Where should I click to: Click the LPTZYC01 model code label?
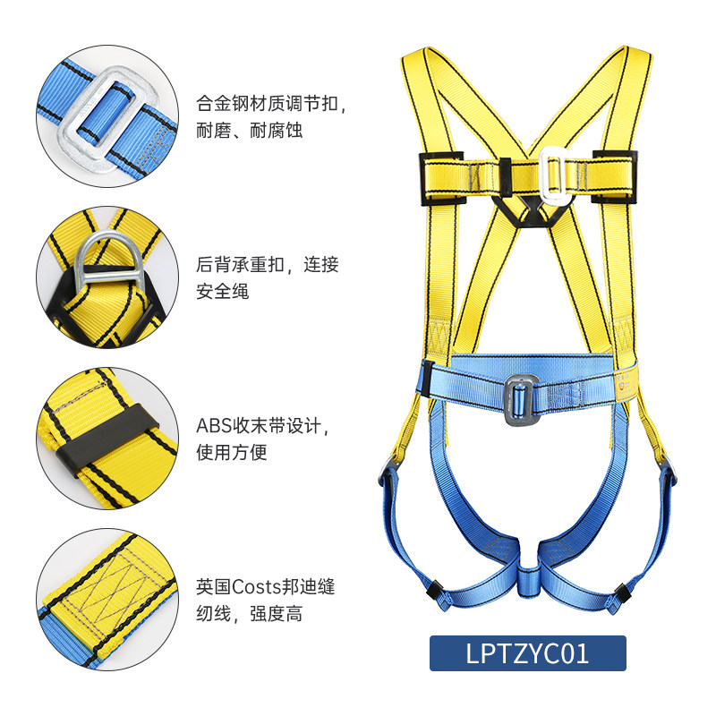(x=527, y=653)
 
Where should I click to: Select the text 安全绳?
(x=223, y=292)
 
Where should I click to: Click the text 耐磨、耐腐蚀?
(x=250, y=131)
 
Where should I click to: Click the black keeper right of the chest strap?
(x=618, y=177)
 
